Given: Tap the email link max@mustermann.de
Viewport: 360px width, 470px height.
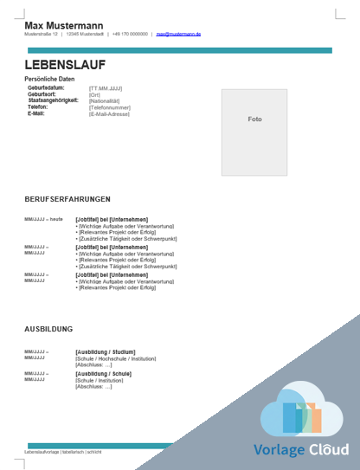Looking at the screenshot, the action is pyautogui.click(x=178, y=35).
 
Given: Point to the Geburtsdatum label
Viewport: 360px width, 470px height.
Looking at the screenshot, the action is pyautogui.click(x=46, y=88).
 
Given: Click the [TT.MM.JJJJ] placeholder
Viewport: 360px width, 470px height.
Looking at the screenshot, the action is pyautogui.click(x=106, y=88).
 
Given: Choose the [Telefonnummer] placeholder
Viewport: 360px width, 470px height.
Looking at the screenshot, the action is pyautogui.click(x=109, y=107).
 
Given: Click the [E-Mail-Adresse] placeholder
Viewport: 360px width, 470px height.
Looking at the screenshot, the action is pyautogui.click(x=110, y=113).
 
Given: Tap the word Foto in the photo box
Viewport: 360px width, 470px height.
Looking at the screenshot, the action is pyautogui.click(x=254, y=119).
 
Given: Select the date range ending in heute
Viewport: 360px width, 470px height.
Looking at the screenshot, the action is pyautogui.click(x=43, y=220).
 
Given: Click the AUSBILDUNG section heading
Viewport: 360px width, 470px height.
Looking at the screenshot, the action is pyautogui.click(x=48, y=329).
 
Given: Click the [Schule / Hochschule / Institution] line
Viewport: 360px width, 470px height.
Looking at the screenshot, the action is pyautogui.click(x=116, y=358).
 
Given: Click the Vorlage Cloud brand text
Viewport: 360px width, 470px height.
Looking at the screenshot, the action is pyautogui.click(x=301, y=450).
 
